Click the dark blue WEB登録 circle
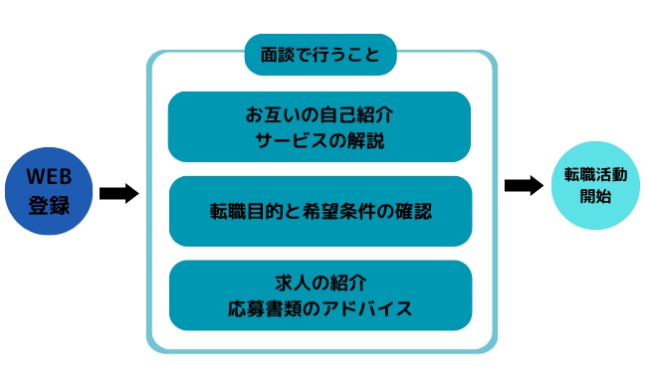click(x=49, y=193)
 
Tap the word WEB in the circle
click(x=49, y=177)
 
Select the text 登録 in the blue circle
click(x=49, y=207)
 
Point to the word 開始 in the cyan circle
click(x=595, y=196)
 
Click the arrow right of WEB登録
click(x=119, y=193)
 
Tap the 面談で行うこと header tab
click(x=321, y=55)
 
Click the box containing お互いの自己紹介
click(x=320, y=126)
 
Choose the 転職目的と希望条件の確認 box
click(x=320, y=211)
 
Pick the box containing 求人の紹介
click(x=320, y=294)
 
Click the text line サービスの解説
click(x=320, y=140)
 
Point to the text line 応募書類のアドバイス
click(x=320, y=308)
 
